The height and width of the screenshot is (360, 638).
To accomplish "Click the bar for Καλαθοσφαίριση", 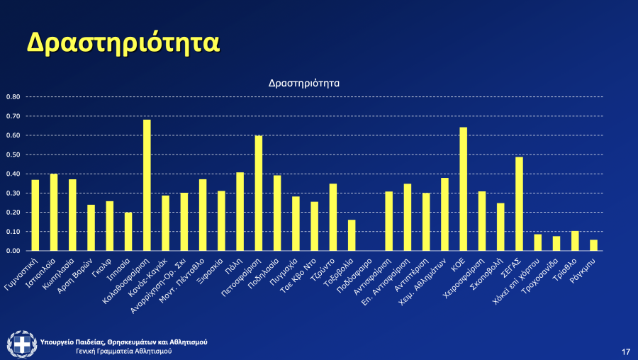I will (147, 185).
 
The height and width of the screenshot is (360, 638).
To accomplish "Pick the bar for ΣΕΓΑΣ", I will (519, 203).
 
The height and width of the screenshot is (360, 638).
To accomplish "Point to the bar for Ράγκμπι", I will (593, 245).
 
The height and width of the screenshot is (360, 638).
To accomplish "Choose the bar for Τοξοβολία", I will (352, 235).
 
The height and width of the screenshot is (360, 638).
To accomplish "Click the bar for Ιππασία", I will (128, 232).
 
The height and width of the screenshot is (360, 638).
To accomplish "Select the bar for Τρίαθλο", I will (575, 241).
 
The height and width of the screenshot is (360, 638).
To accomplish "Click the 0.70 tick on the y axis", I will (13, 116).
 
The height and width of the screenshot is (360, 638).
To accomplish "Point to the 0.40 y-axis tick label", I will (13, 174).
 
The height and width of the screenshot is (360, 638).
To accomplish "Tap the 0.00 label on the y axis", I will (13, 251).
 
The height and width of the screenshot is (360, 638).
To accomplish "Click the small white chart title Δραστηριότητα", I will (304, 83).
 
